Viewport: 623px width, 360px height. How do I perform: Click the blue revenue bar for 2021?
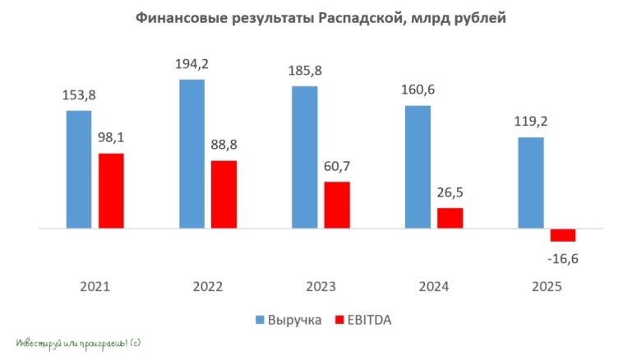coord(79,168)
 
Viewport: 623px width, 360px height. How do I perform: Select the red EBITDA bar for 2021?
coord(111,190)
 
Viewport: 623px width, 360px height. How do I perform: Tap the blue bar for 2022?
coord(192,154)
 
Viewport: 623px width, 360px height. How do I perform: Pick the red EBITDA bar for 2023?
coord(336,204)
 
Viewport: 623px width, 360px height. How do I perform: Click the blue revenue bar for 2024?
coord(418,166)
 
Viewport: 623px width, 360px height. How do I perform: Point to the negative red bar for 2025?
coord(563,234)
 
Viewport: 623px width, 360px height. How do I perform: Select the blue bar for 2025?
coord(531,182)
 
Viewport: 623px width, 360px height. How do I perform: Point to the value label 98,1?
coord(112,139)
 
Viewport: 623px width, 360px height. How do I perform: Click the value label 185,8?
coord(304,72)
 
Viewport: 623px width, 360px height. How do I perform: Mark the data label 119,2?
coord(531,122)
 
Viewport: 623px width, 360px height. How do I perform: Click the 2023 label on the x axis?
coord(321,287)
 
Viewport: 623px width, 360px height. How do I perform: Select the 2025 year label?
coord(547,287)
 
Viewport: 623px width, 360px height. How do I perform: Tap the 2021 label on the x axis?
coord(95,287)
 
